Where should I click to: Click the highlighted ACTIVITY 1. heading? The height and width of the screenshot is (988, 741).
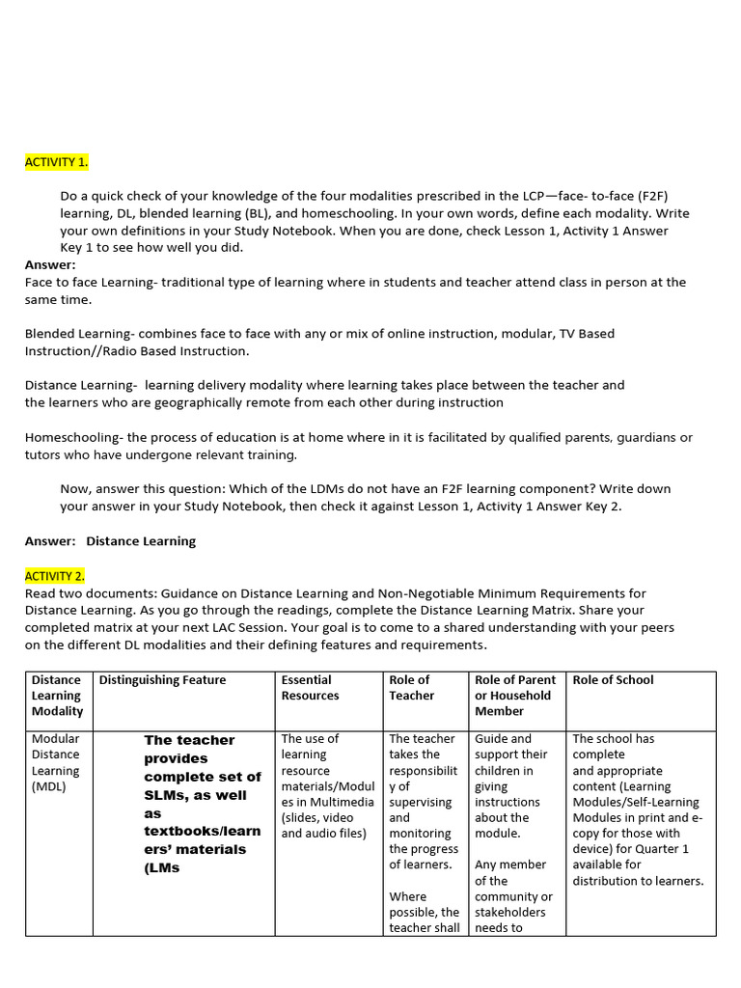tap(56, 162)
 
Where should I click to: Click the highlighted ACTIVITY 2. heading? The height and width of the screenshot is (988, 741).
tap(54, 576)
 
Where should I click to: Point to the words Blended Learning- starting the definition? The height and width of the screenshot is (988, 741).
tap(77, 334)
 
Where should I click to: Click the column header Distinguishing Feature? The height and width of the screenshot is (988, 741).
tap(163, 680)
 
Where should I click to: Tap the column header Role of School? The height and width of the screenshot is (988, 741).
tap(613, 680)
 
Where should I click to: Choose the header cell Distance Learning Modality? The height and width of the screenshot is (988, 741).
tap(57, 695)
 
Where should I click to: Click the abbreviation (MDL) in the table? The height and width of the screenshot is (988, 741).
tap(50, 786)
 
